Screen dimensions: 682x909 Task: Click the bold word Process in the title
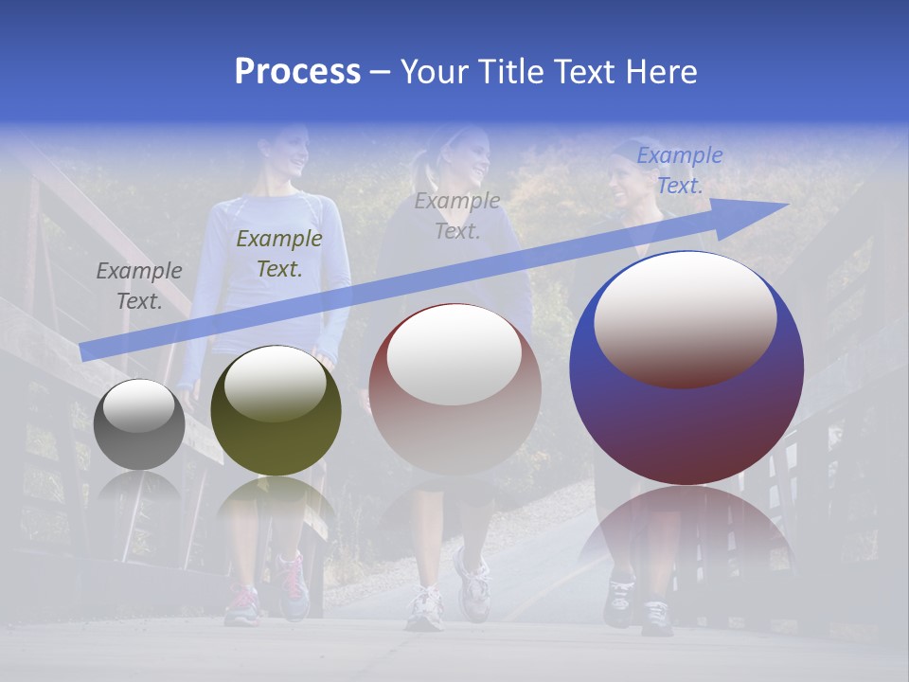[x=297, y=72]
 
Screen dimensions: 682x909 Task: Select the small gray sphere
[x=139, y=424]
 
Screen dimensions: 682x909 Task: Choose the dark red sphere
[x=454, y=388]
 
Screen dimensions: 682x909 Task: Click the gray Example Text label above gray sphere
[x=139, y=285]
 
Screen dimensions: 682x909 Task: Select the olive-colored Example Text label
[x=279, y=253]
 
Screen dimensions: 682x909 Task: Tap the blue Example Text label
[x=680, y=170]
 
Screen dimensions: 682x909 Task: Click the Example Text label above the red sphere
[x=457, y=215]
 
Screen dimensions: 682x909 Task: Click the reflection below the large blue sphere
[x=686, y=535]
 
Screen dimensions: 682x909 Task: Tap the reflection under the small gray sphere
[x=139, y=488]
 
